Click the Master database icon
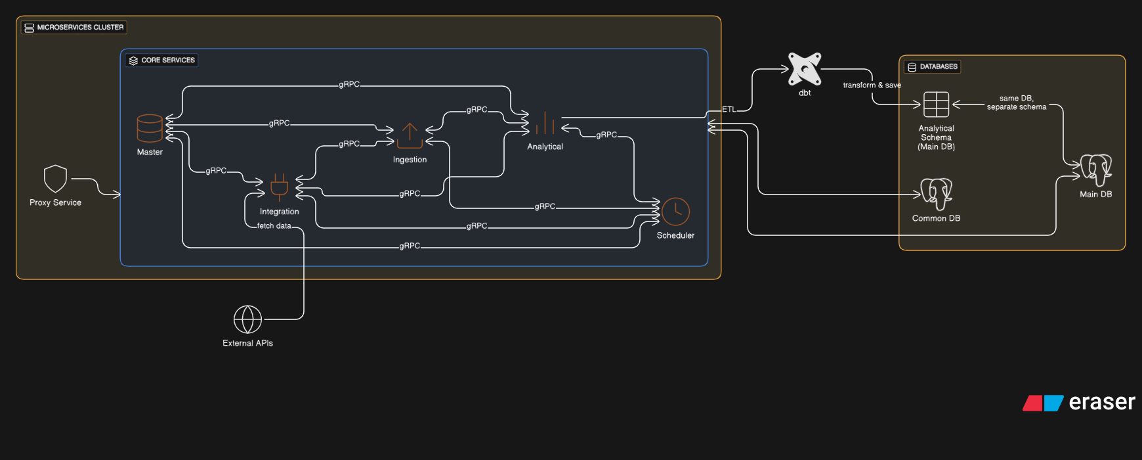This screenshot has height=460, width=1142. [x=150, y=128]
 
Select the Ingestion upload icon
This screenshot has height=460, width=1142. [x=410, y=135]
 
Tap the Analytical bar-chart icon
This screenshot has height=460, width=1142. [x=545, y=123]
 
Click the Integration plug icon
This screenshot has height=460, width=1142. [x=279, y=187]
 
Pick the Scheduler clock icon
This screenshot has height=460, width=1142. [x=675, y=212]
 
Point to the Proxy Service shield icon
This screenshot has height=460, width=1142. [x=55, y=179]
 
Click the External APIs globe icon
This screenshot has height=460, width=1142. [x=247, y=319]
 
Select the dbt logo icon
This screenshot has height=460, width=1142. [x=805, y=69]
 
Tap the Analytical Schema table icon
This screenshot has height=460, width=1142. [x=936, y=104]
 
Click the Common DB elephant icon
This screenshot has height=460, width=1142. [x=936, y=194]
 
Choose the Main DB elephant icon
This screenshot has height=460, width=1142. [x=1096, y=170]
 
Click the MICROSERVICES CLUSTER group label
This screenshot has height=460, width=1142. [x=74, y=28]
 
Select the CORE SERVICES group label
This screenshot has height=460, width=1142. [x=162, y=60]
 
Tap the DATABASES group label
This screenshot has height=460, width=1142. [x=933, y=66]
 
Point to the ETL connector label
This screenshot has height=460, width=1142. [x=729, y=110]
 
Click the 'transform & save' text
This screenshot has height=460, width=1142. [x=872, y=85]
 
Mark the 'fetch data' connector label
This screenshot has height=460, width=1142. [x=274, y=226]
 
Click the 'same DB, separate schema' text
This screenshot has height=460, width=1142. [x=1016, y=103]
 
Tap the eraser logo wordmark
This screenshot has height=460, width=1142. [x=1101, y=402]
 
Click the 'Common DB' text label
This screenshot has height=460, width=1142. [x=936, y=219]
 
